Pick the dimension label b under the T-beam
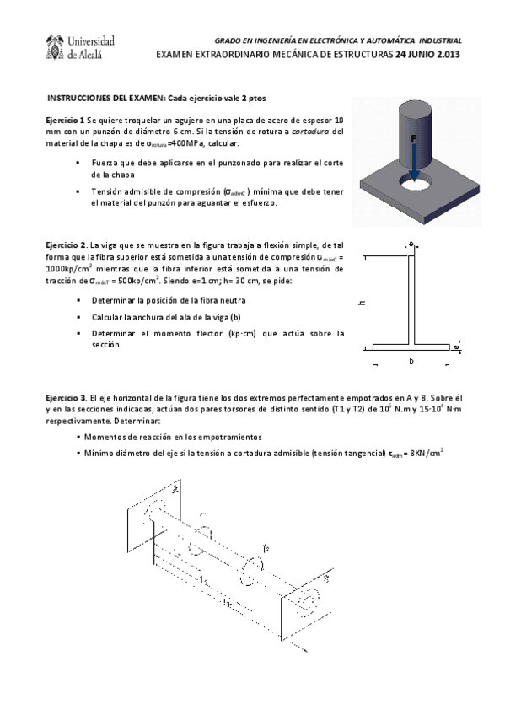click(x=411, y=361)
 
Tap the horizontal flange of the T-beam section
click(x=411, y=346)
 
